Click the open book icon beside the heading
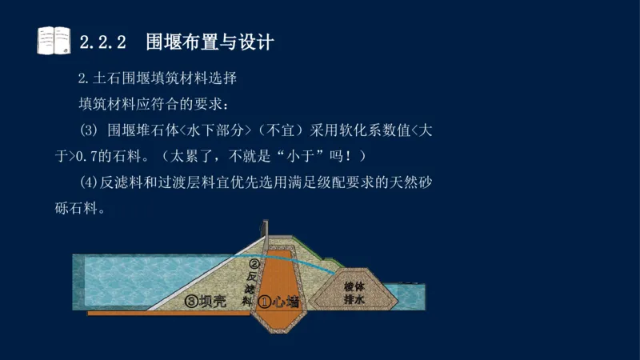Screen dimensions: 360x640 (x=54, y=40)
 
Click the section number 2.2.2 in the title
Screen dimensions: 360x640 (x=104, y=42)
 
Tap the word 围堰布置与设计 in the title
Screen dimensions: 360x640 (x=210, y=42)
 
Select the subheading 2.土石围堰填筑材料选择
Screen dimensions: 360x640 (x=157, y=80)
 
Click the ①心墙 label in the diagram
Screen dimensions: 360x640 (x=280, y=302)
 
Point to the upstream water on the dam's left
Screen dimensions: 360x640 (x=120, y=276)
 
